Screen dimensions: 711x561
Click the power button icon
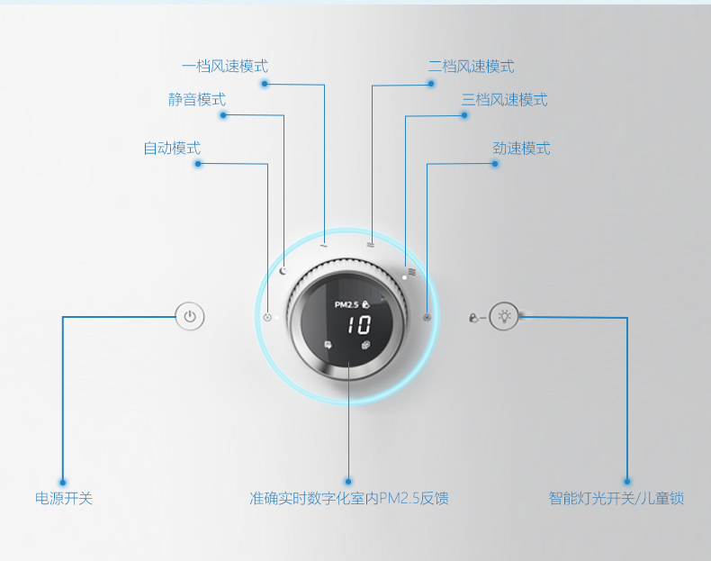(x=189, y=316)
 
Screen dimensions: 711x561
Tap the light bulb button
(x=505, y=316)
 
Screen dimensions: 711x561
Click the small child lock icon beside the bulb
(x=474, y=318)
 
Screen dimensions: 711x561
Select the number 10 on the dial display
(x=358, y=325)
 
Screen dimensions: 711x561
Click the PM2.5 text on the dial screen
(x=346, y=304)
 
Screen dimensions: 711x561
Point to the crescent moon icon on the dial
(x=282, y=270)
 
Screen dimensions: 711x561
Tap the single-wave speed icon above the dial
(x=323, y=244)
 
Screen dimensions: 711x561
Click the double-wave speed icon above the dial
(x=370, y=244)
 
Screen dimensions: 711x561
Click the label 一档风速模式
(x=224, y=67)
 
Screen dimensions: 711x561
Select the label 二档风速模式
(x=471, y=67)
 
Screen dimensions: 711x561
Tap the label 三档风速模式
(x=504, y=100)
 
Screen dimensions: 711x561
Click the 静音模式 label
(x=197, y=100)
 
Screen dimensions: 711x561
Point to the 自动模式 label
(x=172, y=148)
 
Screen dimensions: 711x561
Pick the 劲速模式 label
(x=521, y=148)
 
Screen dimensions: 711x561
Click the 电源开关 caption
(x=64, y=498)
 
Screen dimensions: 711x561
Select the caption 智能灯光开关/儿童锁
(x=616, y=498)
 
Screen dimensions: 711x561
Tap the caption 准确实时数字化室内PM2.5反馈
(x=349, y=498)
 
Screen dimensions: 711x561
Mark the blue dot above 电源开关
(x=63, y=481)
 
